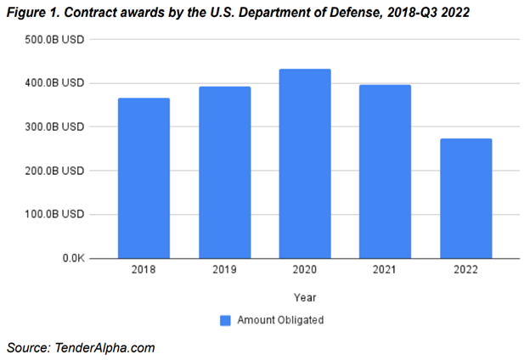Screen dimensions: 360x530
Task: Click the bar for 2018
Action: pyautogui.click(x=144, y=178)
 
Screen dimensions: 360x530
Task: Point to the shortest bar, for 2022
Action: pyautogui.click(x=465, y=199)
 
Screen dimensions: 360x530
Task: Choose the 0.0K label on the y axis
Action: pyautogui.click(x=70, y=258)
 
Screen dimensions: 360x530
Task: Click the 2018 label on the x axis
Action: pyautogui.click(x=144, y=270)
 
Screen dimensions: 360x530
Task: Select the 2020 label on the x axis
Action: pyautogui.click(x=305, y=270)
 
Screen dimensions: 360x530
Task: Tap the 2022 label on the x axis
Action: pyautogui.click(x=465, y=270)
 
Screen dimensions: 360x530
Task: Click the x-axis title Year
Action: pyautogui.click(x=304, y=297)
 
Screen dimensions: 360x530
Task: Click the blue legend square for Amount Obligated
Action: pyautogui.click(x=225, y=320)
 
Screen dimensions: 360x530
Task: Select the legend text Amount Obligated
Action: pyautogui.click(x=280, y=320)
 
